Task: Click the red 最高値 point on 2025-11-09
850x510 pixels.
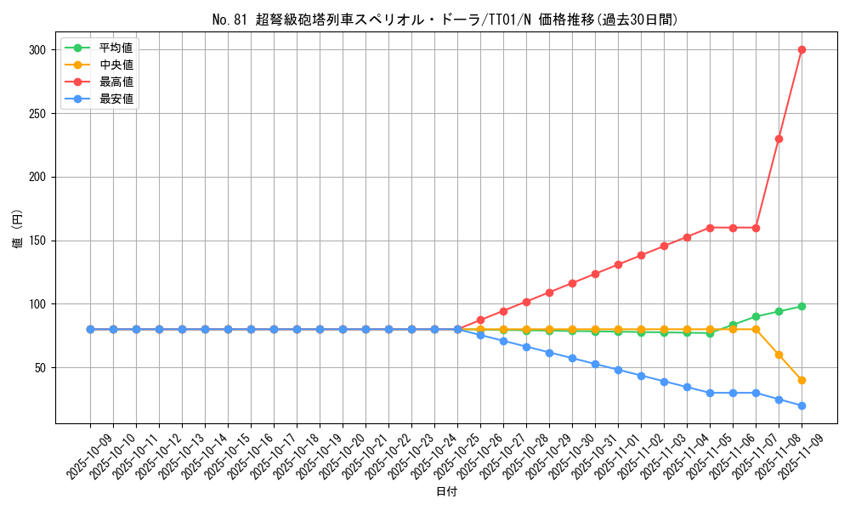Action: [x=802, y=49]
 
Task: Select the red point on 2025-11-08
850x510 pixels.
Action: [x=779, y=139]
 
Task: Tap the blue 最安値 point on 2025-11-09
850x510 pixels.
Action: [x=802, y=405]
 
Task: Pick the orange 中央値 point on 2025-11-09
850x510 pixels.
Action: [x=802, y=380]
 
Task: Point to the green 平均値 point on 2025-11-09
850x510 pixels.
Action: [x=802, y=306]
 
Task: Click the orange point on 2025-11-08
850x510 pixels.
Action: [x=779, y=354]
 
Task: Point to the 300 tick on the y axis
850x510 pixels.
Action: [x=37, y=50]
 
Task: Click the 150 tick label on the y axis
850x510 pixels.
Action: [x=37, y=241]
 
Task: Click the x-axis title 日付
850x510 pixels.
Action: [x=446, y=492]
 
